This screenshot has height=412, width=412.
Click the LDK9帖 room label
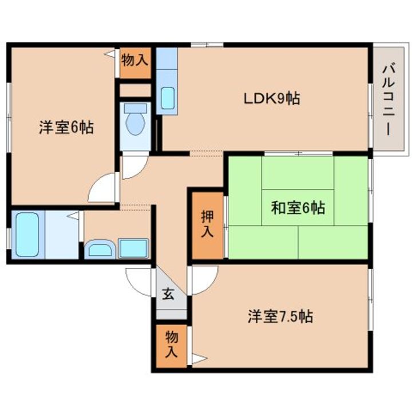[272, 98]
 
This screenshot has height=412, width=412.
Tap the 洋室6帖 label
[66, 128]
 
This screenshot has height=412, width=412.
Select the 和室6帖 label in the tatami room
[298, 207]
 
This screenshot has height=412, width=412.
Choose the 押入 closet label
[207, 224]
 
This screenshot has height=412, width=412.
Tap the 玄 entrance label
[168, 294]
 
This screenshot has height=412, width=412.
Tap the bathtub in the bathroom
[27, 235]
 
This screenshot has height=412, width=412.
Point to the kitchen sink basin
[168, 98]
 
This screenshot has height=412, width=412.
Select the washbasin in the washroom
[101, 248]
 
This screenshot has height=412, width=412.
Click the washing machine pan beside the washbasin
[133, 248]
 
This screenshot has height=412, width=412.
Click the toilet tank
[135, 108]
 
